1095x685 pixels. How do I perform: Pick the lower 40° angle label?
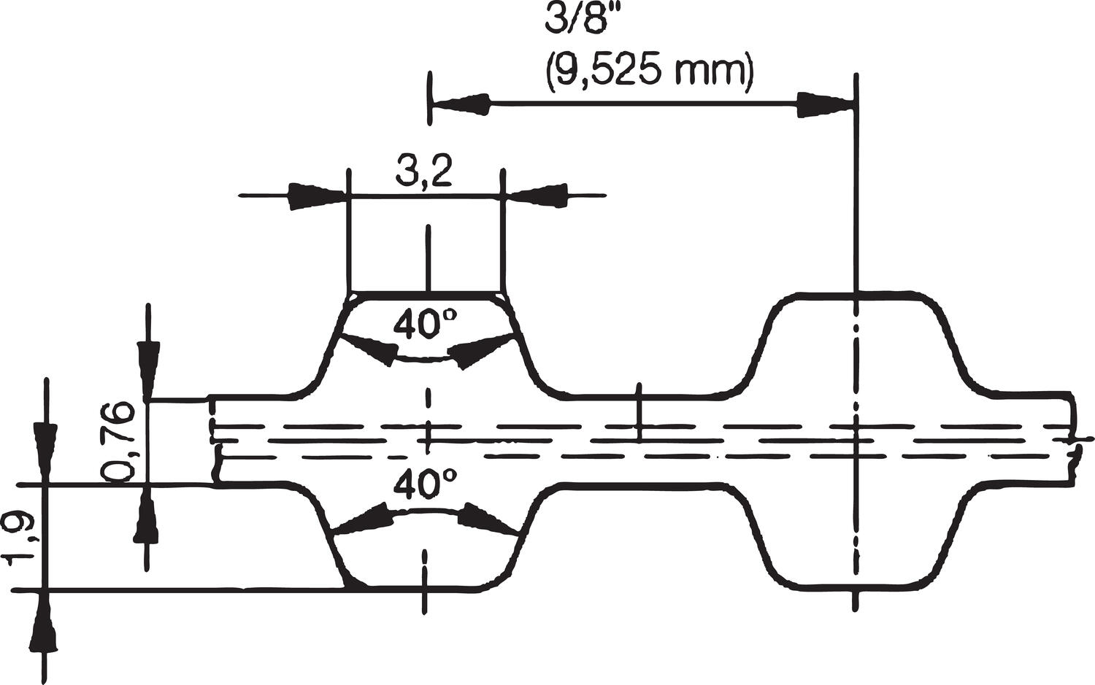point(425,484)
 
